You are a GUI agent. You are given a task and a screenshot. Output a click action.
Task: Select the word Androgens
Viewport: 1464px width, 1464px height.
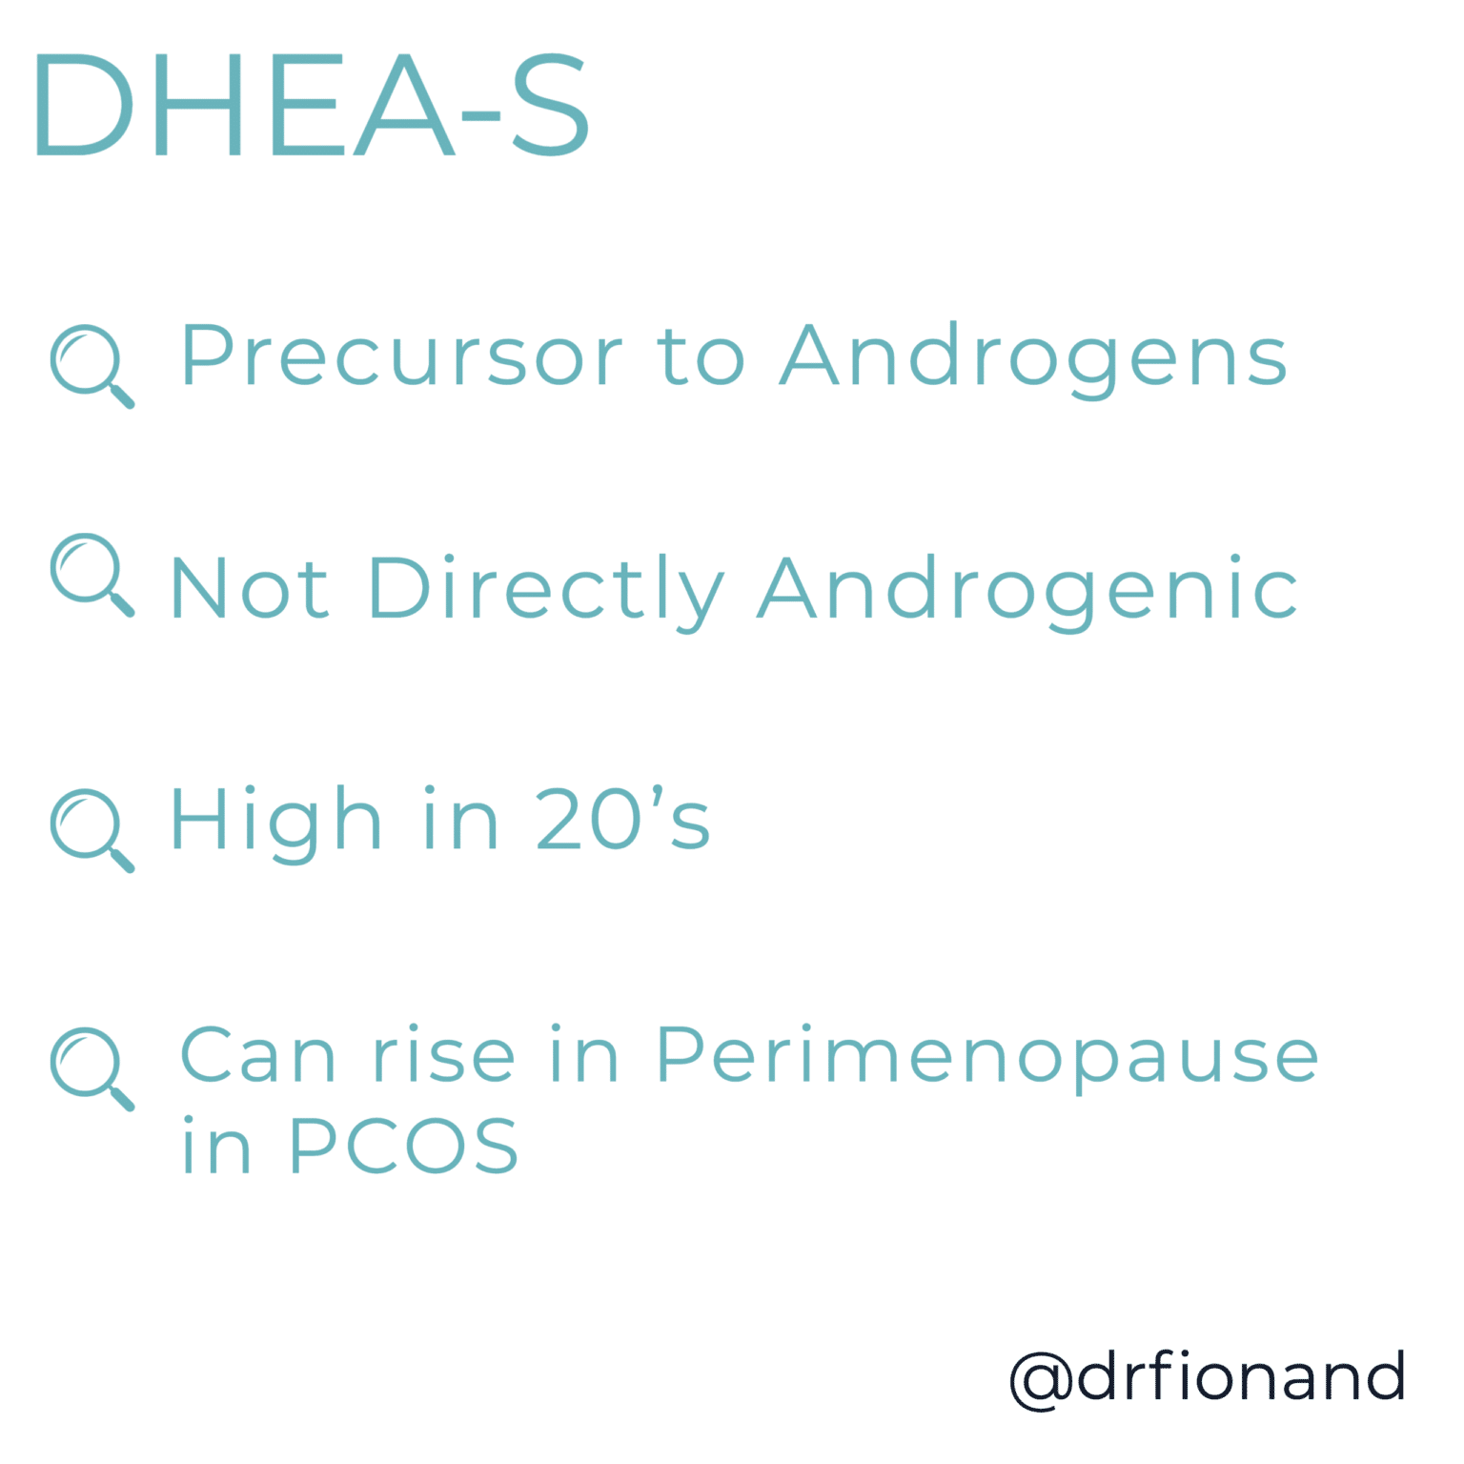click(1033, 357)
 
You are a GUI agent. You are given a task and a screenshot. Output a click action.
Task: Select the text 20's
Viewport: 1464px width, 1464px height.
click(622, 820)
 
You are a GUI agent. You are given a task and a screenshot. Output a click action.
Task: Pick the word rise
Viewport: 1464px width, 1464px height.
click(443, 1055)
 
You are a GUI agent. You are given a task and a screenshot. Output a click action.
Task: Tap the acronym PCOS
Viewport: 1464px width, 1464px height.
click(403, 1146)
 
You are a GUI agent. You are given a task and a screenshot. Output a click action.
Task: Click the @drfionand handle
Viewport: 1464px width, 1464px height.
click(1207, 1377)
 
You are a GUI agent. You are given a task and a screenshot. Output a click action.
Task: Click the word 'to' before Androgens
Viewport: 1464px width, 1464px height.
click(701, 357)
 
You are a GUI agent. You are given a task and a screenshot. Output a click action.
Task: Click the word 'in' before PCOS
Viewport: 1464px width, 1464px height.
click(216, 1146)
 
